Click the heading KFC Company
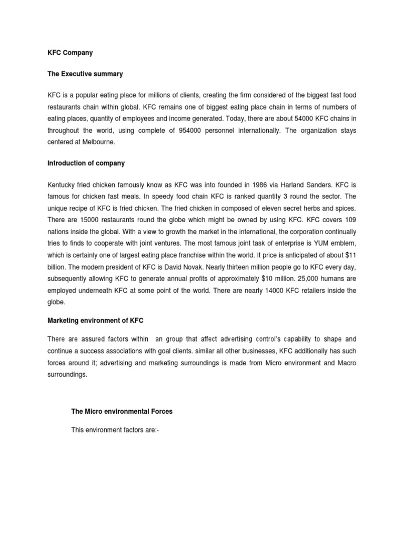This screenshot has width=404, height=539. (69, 53)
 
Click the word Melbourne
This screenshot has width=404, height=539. (100, 142)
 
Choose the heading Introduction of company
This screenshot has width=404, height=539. (86, 163)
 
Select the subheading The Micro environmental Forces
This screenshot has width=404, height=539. (122, 412)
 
